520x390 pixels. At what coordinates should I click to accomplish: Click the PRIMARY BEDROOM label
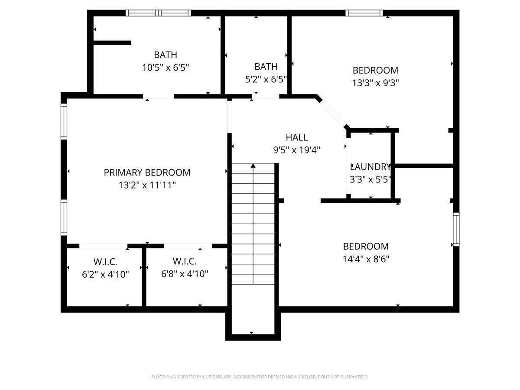coord(147,172)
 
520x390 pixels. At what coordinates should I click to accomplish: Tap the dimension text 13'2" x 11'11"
coord(147,185)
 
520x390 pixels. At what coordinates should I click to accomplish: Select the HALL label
coord(296,138)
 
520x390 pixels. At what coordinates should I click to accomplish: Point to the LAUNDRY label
coord(371,167)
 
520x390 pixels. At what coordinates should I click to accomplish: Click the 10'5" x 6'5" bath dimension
coord(166,68)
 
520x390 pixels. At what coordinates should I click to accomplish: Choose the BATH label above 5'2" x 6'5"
coord(266,67)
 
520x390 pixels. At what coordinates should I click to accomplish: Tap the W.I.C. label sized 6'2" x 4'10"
coord(105,262)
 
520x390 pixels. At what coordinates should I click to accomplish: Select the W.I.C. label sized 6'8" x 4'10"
coord(185,262)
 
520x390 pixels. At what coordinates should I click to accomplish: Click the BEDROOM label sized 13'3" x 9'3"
coord(375,70)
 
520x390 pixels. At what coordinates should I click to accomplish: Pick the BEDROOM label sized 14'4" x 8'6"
coord(366,247)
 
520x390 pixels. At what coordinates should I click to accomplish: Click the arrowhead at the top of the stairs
coord(253,165)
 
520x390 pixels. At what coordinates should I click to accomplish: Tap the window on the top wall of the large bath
coord(158,13)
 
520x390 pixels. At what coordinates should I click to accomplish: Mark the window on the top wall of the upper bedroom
coord(364,13)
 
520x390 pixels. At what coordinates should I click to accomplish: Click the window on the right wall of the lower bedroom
coord(456,229)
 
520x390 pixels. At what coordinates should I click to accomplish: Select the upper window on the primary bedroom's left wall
coord(64,121)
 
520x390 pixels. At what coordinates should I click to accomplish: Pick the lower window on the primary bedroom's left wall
coord(64,217)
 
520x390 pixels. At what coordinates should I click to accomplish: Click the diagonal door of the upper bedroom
coord(333,114)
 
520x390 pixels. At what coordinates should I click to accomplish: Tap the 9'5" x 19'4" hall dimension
coord(296,150)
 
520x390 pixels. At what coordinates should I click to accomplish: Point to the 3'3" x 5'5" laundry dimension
coord(371,179)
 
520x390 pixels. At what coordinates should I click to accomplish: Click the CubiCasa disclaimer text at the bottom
coord(260,377)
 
